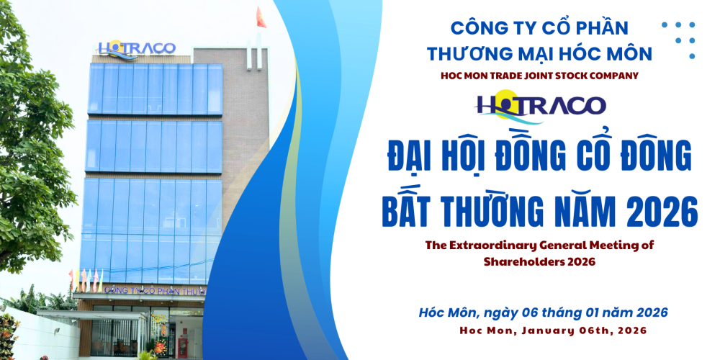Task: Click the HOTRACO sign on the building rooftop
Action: pyautogui.click(x=137, y=48)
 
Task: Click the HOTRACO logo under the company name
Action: pyautogui.click(x=541, y=105)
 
